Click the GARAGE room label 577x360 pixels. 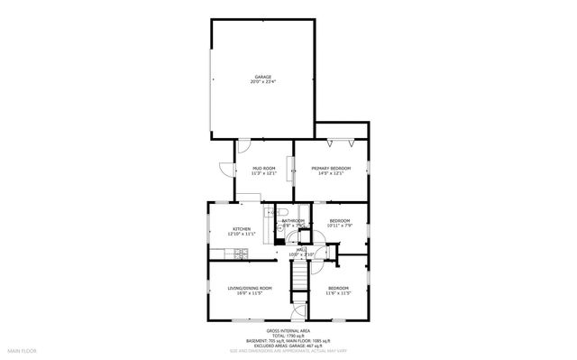pyautogui.click(x=262, y=77)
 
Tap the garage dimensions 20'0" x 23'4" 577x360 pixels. pyautogui.click(x=262, y=82)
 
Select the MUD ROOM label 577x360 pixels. pyautogui.click(x=263, y=169)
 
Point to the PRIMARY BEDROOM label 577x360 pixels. pyautogui.click(x=331, y=169)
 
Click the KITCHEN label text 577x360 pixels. pyautogui.click(x=242, y=229)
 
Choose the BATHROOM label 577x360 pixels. pyautogui.click(x=292, y=220)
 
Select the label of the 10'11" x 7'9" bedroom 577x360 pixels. pyautogui.click(x=339, y=220)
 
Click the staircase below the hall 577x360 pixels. pyautogui.click(x=298, y=288)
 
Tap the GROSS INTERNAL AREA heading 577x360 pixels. pyautogui.click(x=288, y=332)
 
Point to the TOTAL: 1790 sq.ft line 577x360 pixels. pyautogui.click(x=288, y=337)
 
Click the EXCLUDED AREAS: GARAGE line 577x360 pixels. pyautogui.click(x=288, y=346)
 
